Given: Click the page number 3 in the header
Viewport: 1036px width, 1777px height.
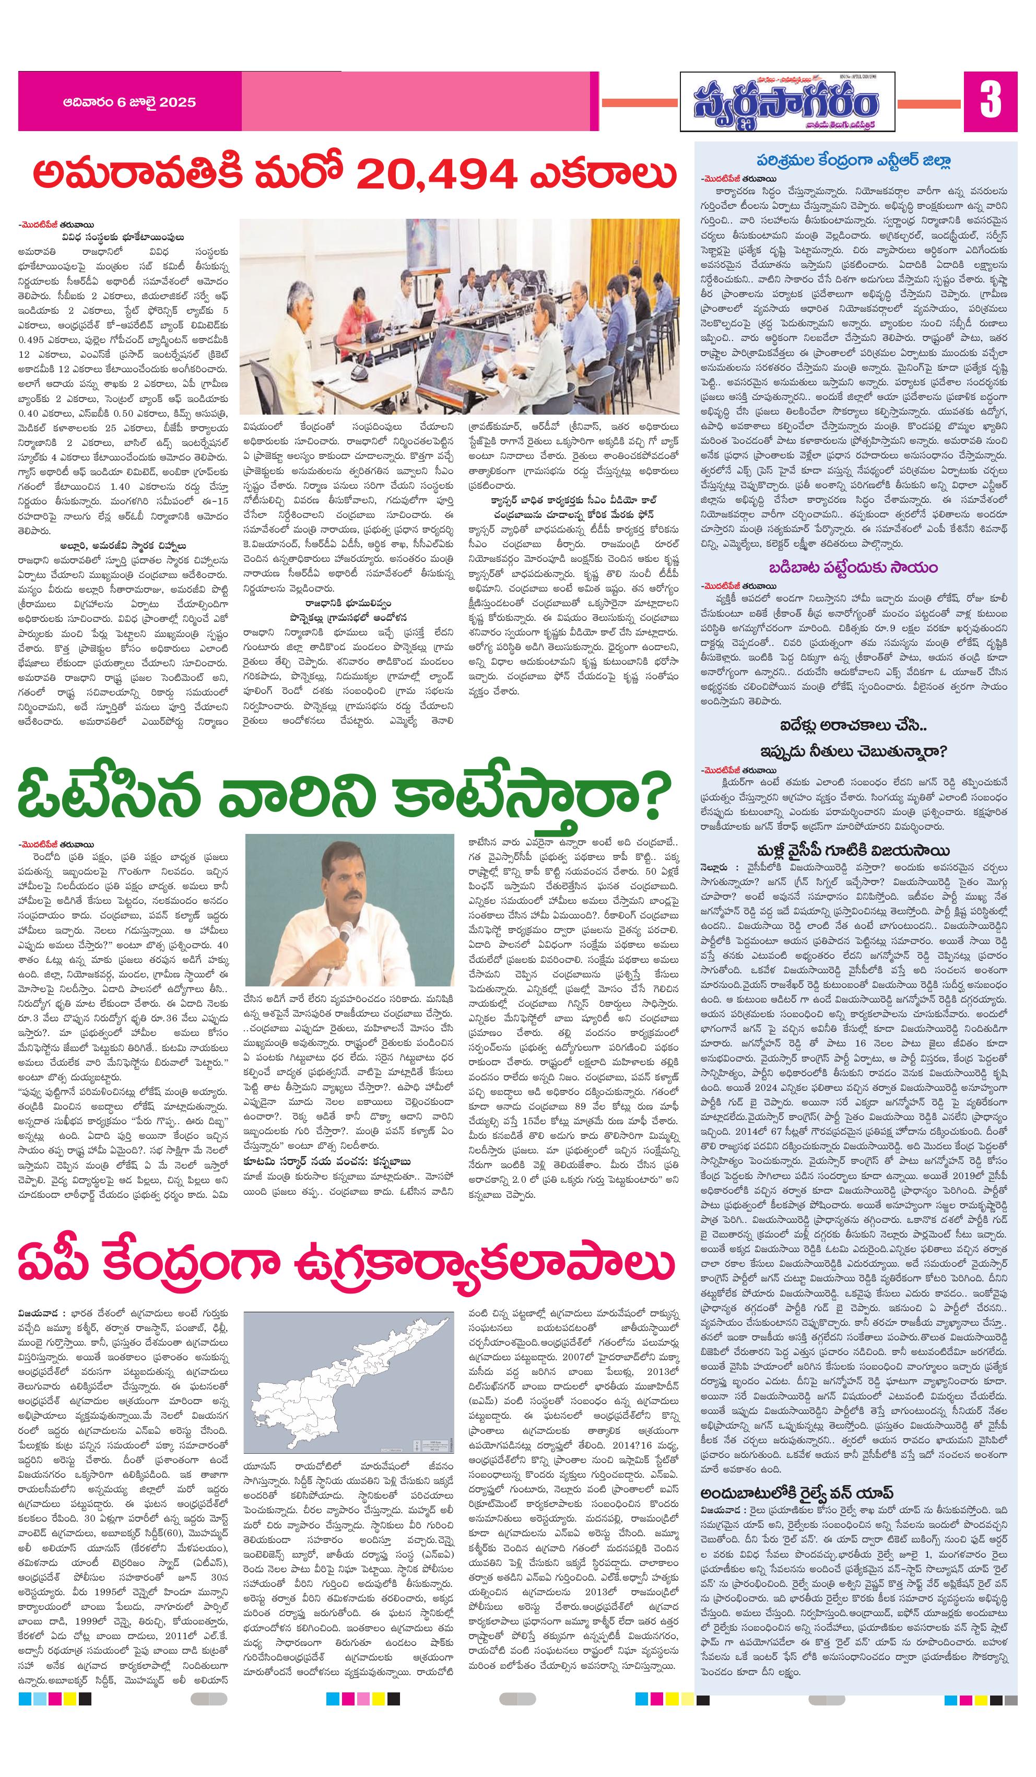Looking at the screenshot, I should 990,101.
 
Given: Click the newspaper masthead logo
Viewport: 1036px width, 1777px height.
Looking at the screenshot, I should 786,102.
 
